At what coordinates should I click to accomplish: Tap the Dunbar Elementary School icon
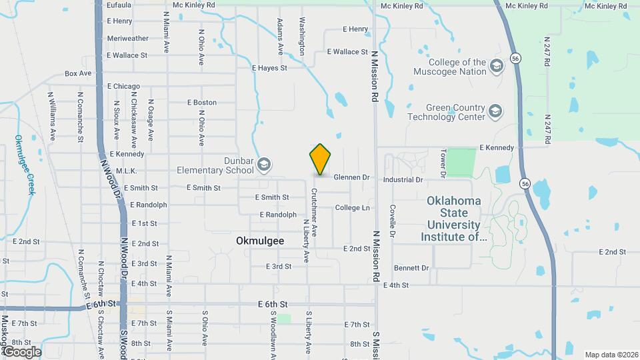point(264,164)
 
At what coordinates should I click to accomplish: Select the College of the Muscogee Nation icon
point(496,65)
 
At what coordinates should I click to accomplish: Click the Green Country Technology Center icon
point(495,111)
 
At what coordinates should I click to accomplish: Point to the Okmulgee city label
point(259,241)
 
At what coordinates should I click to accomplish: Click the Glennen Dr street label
point(351,177)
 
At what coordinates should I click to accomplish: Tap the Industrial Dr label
point(403,180)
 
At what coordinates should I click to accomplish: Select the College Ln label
point(352,208)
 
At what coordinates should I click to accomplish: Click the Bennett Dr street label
point(411,268)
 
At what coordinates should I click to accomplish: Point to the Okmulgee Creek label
point(24,165)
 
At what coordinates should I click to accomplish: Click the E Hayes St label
point(269,68)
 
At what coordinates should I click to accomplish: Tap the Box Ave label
point(78,73)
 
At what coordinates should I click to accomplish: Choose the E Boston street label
point(202,103)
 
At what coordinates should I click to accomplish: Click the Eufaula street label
point(119,5)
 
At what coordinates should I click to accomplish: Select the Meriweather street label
point(127,38)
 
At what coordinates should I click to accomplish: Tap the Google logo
point(21,351)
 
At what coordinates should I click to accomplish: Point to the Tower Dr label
point(442,163)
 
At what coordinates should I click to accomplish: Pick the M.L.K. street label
point(126,171)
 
